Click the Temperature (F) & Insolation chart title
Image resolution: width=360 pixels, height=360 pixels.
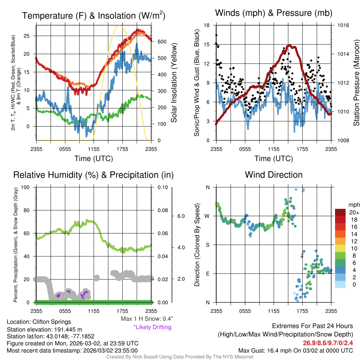coord(94,15)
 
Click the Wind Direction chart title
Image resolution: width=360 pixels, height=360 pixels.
coord(274,175)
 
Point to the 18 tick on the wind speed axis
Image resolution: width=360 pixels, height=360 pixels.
coord(207,25)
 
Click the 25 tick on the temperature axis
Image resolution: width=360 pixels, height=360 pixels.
coord(29,36)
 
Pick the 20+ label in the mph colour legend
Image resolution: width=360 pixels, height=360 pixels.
coord(354,213)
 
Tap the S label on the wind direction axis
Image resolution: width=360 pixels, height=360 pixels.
coord(207,245)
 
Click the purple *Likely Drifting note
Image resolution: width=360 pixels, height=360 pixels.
coord(152,327)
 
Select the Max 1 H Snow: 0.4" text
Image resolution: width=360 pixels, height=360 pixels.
coord(147,319)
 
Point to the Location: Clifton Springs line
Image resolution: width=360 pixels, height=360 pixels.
coord(39,322)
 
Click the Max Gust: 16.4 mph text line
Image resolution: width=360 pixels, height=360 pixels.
coord(296,351)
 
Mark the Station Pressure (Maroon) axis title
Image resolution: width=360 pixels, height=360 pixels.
coord(356,83)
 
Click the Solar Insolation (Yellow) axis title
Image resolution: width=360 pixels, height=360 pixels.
coord(174,83)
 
